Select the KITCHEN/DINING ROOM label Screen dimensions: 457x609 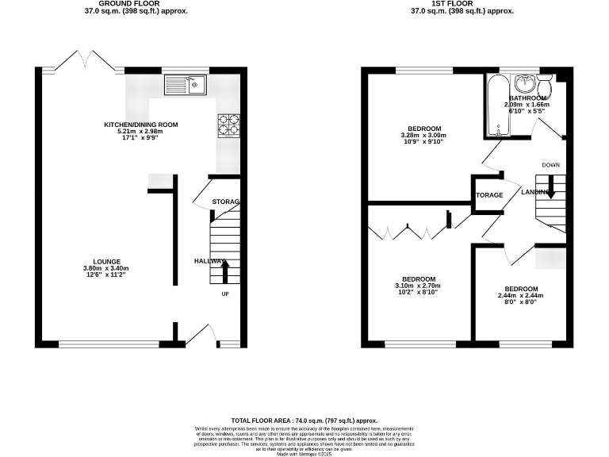141,125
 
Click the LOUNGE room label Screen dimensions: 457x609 106,261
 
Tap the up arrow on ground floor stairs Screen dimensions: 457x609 224,272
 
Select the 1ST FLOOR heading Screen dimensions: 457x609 462,4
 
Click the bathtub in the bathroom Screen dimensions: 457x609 498,105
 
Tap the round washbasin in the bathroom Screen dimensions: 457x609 524,83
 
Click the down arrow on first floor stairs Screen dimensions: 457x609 551,190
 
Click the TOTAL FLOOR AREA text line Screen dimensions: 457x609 304,421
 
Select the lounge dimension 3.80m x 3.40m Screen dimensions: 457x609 106,268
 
